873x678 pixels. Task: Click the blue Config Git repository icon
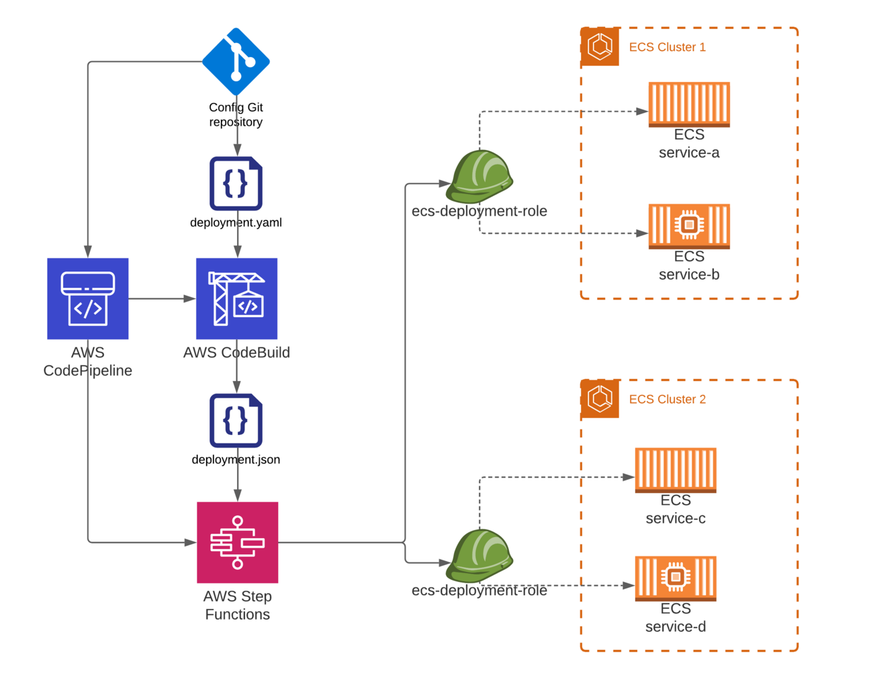coord(236,62)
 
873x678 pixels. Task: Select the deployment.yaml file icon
coord(236,183)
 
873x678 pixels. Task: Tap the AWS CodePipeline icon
coord(87,298)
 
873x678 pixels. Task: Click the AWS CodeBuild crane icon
coord(236,298)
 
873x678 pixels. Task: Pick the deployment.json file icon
coord(236,421)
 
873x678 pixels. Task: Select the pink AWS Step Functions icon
coord(237,542)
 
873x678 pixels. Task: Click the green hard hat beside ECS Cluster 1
coord(481,176)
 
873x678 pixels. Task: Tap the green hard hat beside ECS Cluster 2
coord(481,555)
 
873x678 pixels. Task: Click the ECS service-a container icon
coord(689,104)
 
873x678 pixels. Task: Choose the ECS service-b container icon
coord(689,226)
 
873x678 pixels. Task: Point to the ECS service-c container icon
coord(676,470)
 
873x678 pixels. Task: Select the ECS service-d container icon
coord(676,579)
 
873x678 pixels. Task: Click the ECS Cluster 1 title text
coord(667,47)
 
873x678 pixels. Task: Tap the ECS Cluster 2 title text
coord(667,399)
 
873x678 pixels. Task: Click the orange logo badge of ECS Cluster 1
coord(600,47)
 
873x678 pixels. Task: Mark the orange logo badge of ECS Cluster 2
coord(600,398)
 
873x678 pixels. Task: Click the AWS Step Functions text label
coord(237,605)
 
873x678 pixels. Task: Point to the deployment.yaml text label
coord(236,222)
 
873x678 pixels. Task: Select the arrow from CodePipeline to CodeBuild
coord(162,298)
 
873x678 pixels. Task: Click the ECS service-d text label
coord(676,618)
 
